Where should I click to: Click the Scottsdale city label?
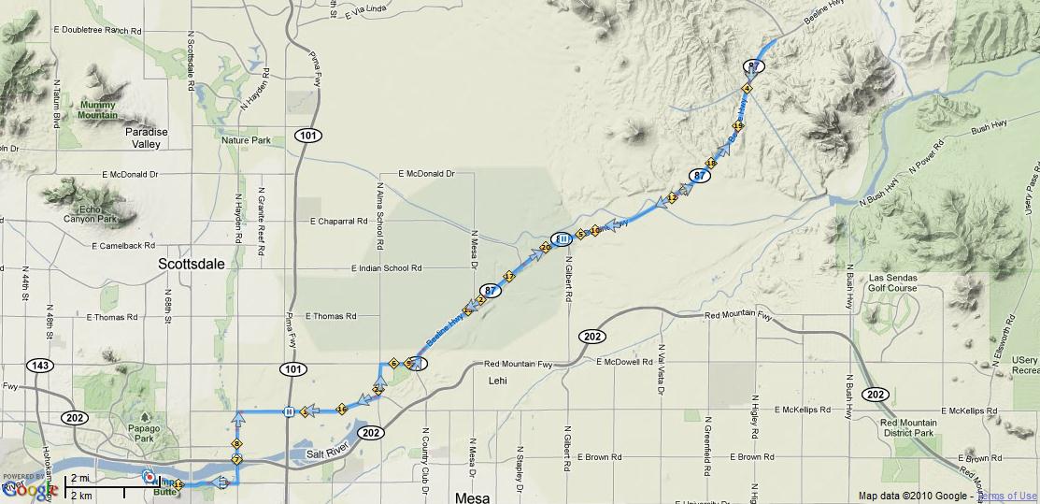click(192, 265)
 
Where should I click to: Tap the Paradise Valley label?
click(147, 138)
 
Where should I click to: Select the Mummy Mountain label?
click(98, 109)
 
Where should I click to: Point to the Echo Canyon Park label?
click(89, 214)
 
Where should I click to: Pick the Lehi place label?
click(497, 381)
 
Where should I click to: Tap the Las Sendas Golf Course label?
click(893, 283)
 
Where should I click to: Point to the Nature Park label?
click(247, 140)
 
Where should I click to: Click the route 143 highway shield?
click(40, 366)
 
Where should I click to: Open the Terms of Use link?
click(1007, 496)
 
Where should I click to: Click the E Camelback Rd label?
click(122, 246)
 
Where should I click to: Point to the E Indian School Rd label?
click(387, 268)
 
